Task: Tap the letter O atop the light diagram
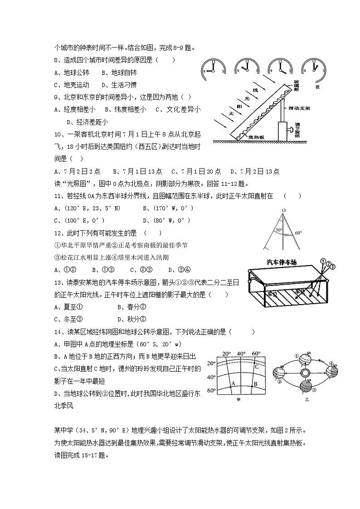pos(283,211)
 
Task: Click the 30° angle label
pos(278,230)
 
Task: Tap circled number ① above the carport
pos(322,261)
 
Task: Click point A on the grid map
pos(234,383)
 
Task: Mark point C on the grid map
pos(256,367)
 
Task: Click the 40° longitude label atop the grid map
pos(241,354)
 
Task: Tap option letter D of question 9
pos(69,121)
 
